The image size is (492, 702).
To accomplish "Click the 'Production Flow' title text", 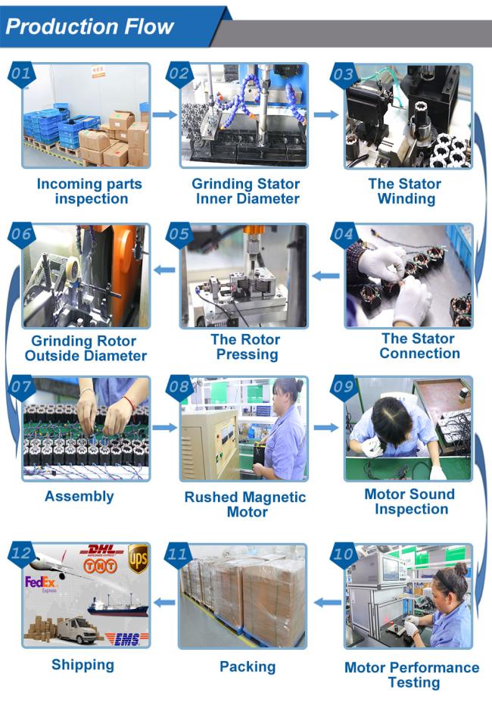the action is pos(89,27).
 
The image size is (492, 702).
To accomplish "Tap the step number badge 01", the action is pos(21,74).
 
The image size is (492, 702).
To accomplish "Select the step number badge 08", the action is pos(179,387).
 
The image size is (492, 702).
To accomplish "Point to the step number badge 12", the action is pos(21,554).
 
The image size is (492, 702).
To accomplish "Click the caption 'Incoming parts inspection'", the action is pos(89,191).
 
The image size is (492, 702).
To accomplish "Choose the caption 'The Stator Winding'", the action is pos(405,191).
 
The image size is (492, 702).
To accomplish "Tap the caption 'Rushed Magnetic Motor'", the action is pos(245,504).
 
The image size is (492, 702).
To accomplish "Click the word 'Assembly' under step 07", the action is pos(79,497).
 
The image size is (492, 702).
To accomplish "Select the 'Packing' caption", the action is pos(248,666).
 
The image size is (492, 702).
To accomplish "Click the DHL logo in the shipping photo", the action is pos(102,551).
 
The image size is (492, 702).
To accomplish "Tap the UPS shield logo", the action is pos(138,558).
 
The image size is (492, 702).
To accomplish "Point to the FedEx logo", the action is pos(41,583).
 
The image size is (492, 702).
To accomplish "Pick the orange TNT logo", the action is pos(100,566).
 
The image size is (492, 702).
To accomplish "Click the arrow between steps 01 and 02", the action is pos(165,115).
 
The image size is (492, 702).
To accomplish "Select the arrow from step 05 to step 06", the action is pos(165,270).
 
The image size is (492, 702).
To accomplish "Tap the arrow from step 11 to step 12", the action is pos(165,602).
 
